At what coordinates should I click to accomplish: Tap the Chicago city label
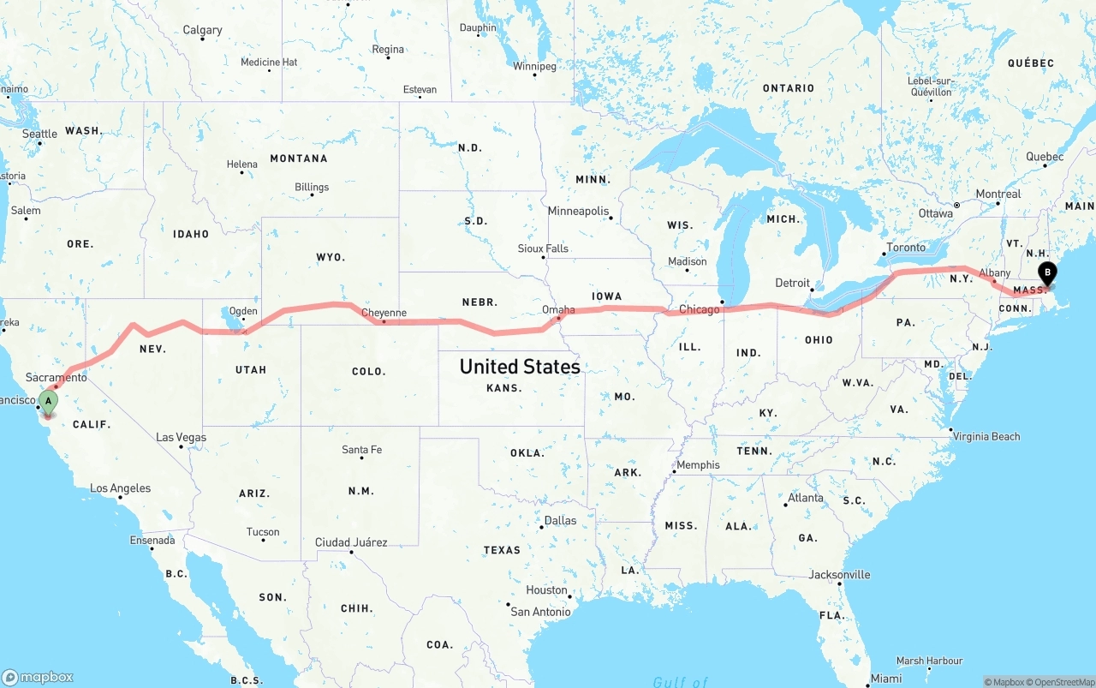pyautogui.click(x=700, y=309)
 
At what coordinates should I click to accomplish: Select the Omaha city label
pyautogui.click(x=558, y=309)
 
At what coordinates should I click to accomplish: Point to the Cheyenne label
pyautogui.click(x=384, y=313)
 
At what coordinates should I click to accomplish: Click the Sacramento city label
pyautogui.click(x=57, y=377)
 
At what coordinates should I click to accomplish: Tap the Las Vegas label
pyautogui.click(x=181, y=437)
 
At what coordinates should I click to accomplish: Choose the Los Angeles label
pyautogui.click(x=121, y=488)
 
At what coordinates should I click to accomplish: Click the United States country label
pyautogui.click(x=519, y=367)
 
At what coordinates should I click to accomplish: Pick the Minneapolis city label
pyautogui.click(x=578, y=211)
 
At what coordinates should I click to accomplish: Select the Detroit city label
pyautogui.click(x=792, y=283)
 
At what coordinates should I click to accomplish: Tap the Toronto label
pyautogui.click(x=906, y=248)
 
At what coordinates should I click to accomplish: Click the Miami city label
pyautogui.click(x=886, y=679)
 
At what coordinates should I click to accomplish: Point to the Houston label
pyautogui.click(x=546, y=589)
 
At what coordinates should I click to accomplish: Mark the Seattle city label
pyautogui.click(x=39, y=134)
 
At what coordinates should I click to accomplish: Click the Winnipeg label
pyautogui.click(x=534, y=66)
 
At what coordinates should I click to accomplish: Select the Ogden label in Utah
pyautogui.click(x=243, y=311)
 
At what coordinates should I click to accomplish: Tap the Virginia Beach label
pyautogui.click(x=987, y=436)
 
